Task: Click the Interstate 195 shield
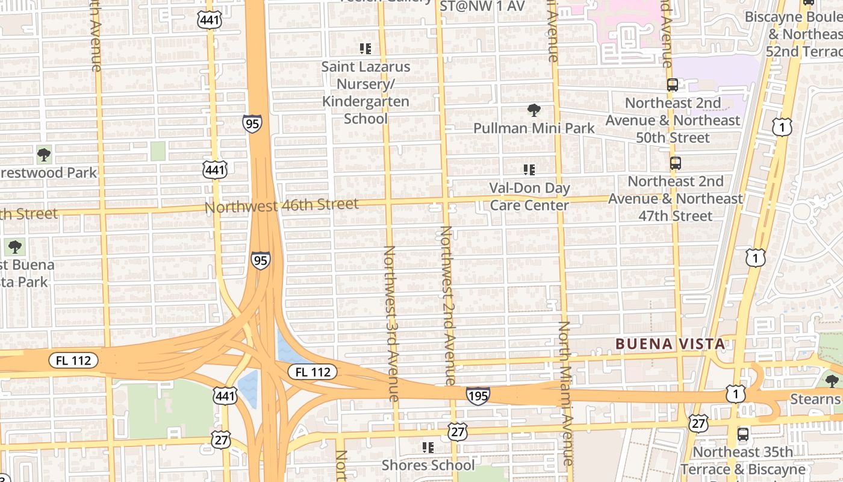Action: pyautogui.click(x=477, y=396)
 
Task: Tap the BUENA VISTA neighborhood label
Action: pyautogui.click(x=670, y=344)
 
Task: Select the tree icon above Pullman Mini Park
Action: pyautogui.click(x=533, y=110)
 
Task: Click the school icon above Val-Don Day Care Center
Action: pyautogui.click(x=529, y=170)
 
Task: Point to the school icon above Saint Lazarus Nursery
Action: pyautogui.click(x=366, y=48)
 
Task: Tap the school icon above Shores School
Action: pyautogui.click(x=428, y=447)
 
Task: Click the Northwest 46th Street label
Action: pyautogui.click(x=282, y=205)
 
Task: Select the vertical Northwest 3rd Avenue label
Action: pyautogui.click(x=390, y=323)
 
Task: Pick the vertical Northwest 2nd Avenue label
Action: pyautogui.click(x=447, y=305)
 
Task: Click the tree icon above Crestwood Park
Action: pyautogui.click(x=43, y=155)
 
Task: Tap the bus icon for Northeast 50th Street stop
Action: pyautogui.click(x=673, y=85)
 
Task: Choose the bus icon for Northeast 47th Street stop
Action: pyautogui.click(x=676, y=163)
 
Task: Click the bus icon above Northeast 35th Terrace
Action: pyautogui.click(x=743, y=434)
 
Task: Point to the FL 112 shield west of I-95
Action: pyautogui.click(x=73, y=361)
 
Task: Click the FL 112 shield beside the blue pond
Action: pyautogui.click(x=313, y=372)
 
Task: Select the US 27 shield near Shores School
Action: pyautogui.click(x=458, y=431)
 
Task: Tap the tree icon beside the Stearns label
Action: pyautogui.click(x=832, y=381)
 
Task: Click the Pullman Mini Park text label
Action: pyautogui.click(x=533, y=128)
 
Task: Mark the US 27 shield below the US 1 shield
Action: pyautogui.click(x=698, y=424)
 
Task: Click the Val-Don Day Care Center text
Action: pyautogui.click(x=529, y=196)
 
